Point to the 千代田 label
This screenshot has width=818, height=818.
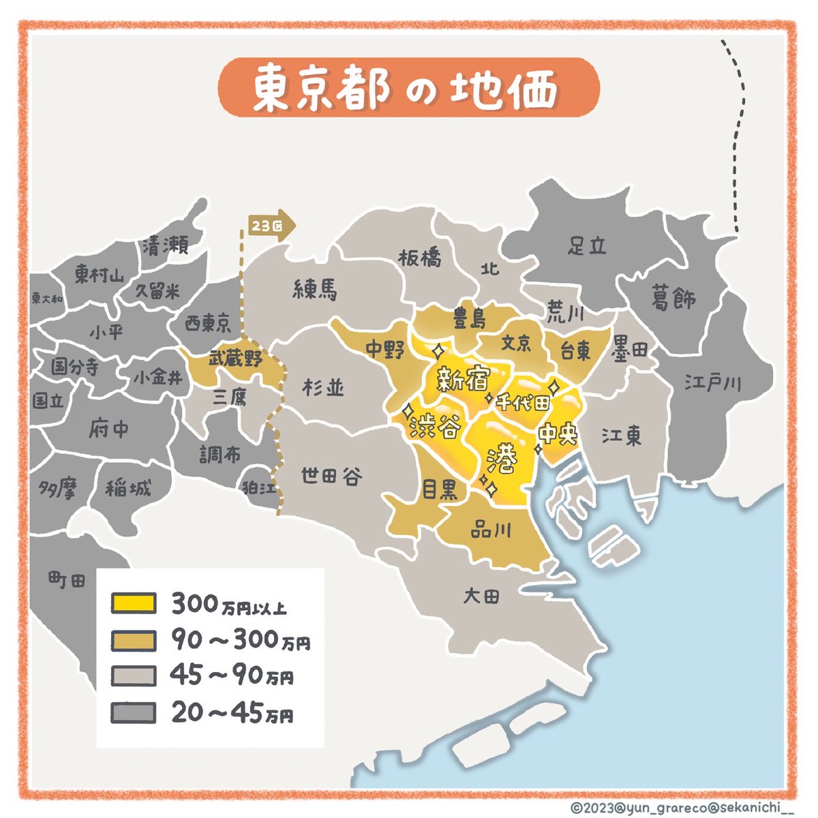pyautogui.click(x=523, y=402)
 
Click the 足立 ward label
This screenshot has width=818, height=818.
pyautogui.click(x=587, y=245)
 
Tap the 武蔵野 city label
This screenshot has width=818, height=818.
pyautogui.click(x=235, y=359)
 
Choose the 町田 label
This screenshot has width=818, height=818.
pyautogui.click(x=67, y=581)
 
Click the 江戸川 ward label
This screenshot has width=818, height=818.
pyautogui.click(x=712, y=383)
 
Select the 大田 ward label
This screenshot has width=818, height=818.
pyautogui.click(x=481, y=596)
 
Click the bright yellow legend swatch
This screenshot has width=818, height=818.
pyautogui.click(x=134, y=603)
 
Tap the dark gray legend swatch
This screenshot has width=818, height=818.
pyautogui.click(x=134, y=713)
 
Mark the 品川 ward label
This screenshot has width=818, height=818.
pyautogui.click(x=491, y=530)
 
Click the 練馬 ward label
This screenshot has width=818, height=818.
pyautogui.click(x=315, y=291)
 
